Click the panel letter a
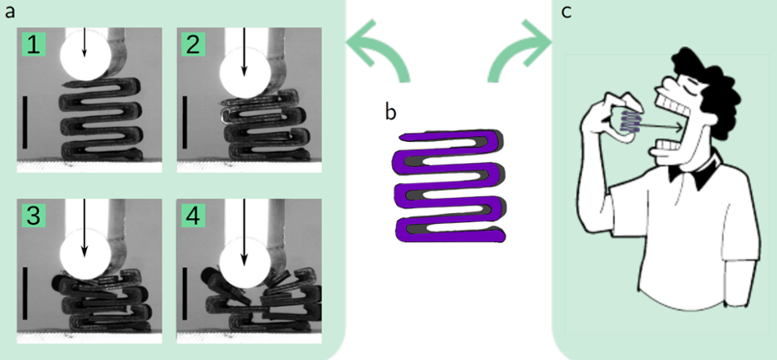(9, 11)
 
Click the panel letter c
(566, 13)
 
